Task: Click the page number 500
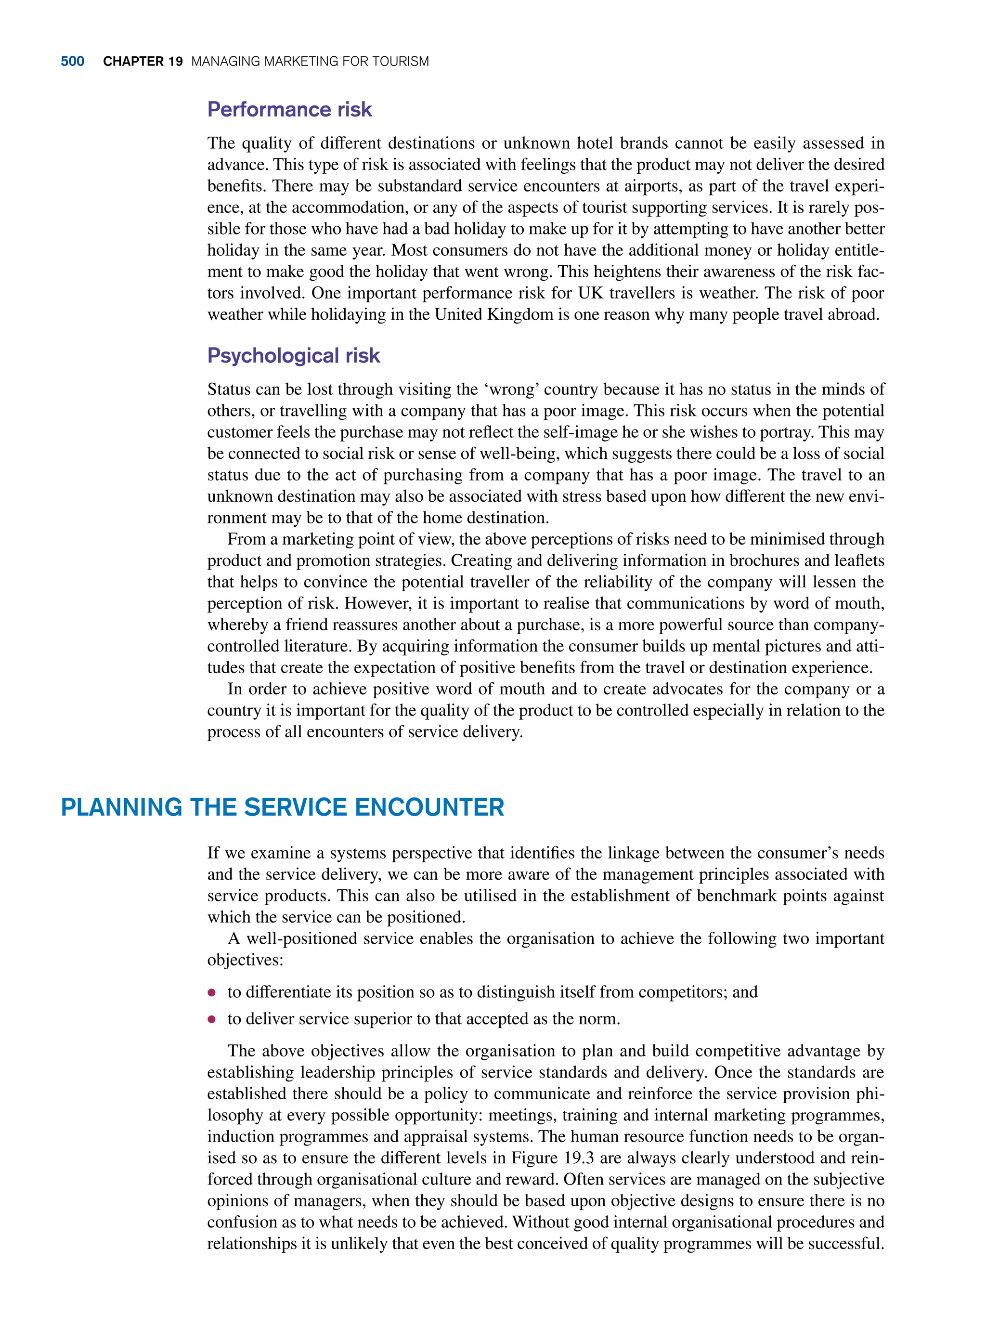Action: coord(72,62)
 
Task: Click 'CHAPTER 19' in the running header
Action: coord(143,62)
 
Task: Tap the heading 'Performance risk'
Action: coord(289,109)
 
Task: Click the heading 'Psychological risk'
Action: coord(293,355)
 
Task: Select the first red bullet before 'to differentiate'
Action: coord(211,993)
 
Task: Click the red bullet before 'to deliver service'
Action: coord(211,1019)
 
